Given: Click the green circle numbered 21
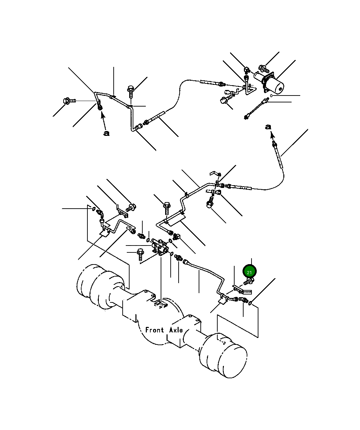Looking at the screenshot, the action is pos(249,272).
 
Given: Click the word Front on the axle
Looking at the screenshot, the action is pos(154,330).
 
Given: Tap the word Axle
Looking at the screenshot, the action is pos(176,330).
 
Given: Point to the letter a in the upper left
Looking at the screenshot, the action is pos(106,133).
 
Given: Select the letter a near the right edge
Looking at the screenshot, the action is pos(268,127).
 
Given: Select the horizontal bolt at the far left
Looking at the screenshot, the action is pos(69,101).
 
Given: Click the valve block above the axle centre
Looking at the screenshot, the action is pos(160,247).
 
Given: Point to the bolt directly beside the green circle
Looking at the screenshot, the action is pos(249,281).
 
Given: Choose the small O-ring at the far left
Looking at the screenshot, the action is pos(94,209).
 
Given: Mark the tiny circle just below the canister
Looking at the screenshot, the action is pos(272,96).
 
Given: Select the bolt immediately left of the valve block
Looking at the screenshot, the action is pos(141,254).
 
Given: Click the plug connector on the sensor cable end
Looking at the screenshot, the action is pos(246,117).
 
